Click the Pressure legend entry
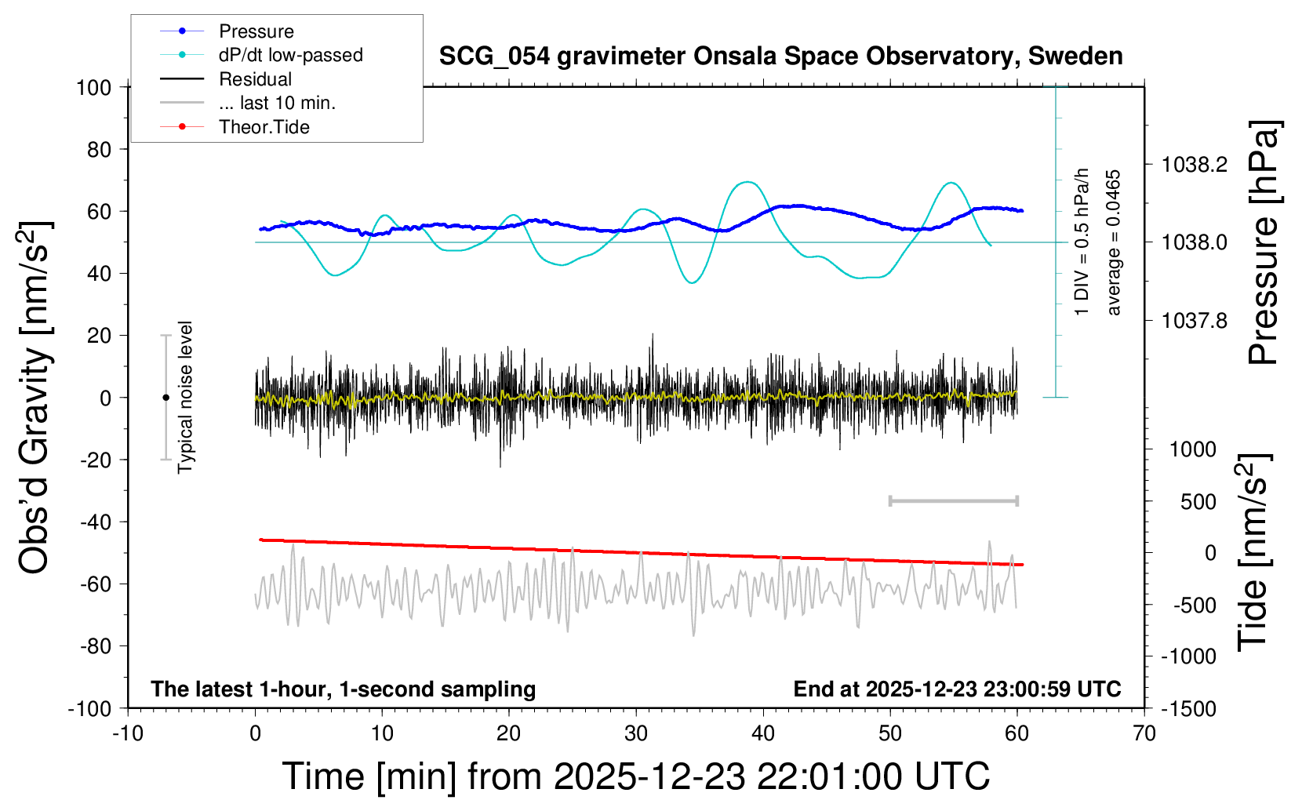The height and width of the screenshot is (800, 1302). pyautogui.click(x=256, y=31)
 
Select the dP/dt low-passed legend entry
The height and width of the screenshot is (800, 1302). pyautogui.click(x=290, y=55)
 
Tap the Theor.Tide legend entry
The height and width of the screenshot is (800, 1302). pyautogui.click(x=264, y=127)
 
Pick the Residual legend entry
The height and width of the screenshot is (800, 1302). pyautogui.click(x=255, y=79)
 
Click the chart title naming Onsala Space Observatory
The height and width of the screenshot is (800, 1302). pyautogui.click(x=780, y=56)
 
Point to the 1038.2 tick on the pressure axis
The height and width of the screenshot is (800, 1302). pyautogui.click(x=1195, y=165)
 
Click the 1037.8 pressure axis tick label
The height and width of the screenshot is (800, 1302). pyautogui.click(x=1195, y=320)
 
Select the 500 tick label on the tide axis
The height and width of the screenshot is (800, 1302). pyautogui.click(x=1198, y=501)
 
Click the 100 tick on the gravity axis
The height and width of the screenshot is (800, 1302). pyautogui.click(x=93, y=87)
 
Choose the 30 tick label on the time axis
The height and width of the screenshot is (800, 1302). pyautogui.click(x=635, y=733)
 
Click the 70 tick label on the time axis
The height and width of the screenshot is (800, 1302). pyautogui.click(x=1144, y=733)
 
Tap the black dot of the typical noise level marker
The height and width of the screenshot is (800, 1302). pyautogui.click(x=165, y=398)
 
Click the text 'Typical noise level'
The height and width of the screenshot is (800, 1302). pyautogui.click(x=185, y=397)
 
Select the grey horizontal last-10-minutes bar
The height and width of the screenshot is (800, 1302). pyautogui.click(x=953, y=500)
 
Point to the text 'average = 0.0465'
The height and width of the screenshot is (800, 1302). pyautogui.click(x=1114, y=242)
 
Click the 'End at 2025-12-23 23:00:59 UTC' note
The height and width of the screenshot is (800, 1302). pyautogui.click(x=957, y=689)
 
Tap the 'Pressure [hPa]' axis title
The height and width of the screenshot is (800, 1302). pyautogui.click(x=1264, y=242)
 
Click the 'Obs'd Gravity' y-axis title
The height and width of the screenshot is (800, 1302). pyautogui.click(x=35, y=398)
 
